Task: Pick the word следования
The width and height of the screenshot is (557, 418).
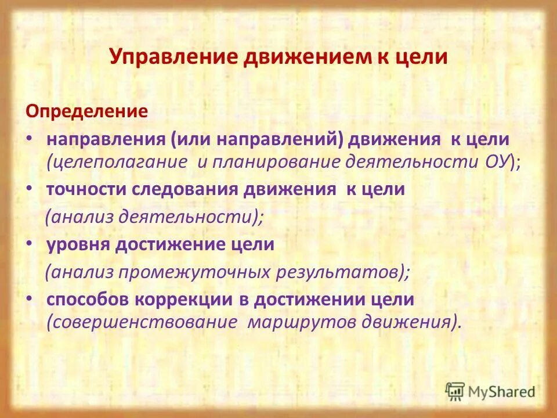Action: click(196, 190)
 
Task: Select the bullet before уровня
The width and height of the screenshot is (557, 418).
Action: click(30, 245)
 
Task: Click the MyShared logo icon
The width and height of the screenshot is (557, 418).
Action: click(455, 391)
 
